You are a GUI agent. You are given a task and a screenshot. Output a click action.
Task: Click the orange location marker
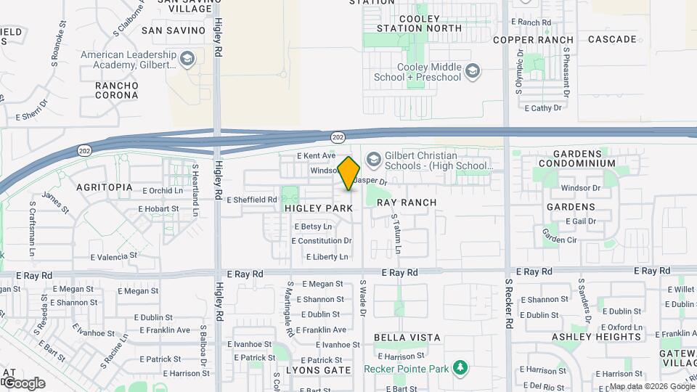pyautogui.click(x=349, y=173)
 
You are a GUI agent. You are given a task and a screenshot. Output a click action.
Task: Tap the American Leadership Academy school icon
pyautogui.click(x=188, y=59)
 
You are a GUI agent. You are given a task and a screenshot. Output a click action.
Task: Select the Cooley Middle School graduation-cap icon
pyautogui.click(x=473, y=70)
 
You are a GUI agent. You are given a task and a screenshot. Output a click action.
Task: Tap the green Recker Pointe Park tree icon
pyautogui.click(x=459, y=368)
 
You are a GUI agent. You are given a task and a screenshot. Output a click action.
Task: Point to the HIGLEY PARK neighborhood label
pyautogui.click(x=319, y=208)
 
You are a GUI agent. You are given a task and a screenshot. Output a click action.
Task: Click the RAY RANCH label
pyautogui.click(x=407, y=203)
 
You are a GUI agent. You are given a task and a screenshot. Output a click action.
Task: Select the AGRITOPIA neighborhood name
pyautogui.click(x=105, y=187)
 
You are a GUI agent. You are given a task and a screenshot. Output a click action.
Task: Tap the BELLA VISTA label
pyautogui.click(x=407, y=338)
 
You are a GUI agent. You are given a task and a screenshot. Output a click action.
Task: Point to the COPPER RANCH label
pyautogui.click(x=534, y=40)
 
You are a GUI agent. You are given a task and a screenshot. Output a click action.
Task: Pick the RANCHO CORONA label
pyautogui.click(x=116, y=90)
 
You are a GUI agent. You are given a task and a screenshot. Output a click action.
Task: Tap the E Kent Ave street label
pyautogui.click(x=317, y=156)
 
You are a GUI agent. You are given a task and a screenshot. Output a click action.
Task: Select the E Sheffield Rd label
pyautogui.click(x=252, y=200)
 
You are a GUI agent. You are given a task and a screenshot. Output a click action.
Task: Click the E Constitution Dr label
pyautogui.click(x=323, y=241)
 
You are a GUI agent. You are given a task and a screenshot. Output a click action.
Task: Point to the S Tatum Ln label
pyautogui.click(x=396, y=234)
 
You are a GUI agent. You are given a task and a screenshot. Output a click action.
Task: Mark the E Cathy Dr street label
pyautogui.click(x=543, y=108)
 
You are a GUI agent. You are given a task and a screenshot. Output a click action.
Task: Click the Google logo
pyautogui.click(x=24, y=383)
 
